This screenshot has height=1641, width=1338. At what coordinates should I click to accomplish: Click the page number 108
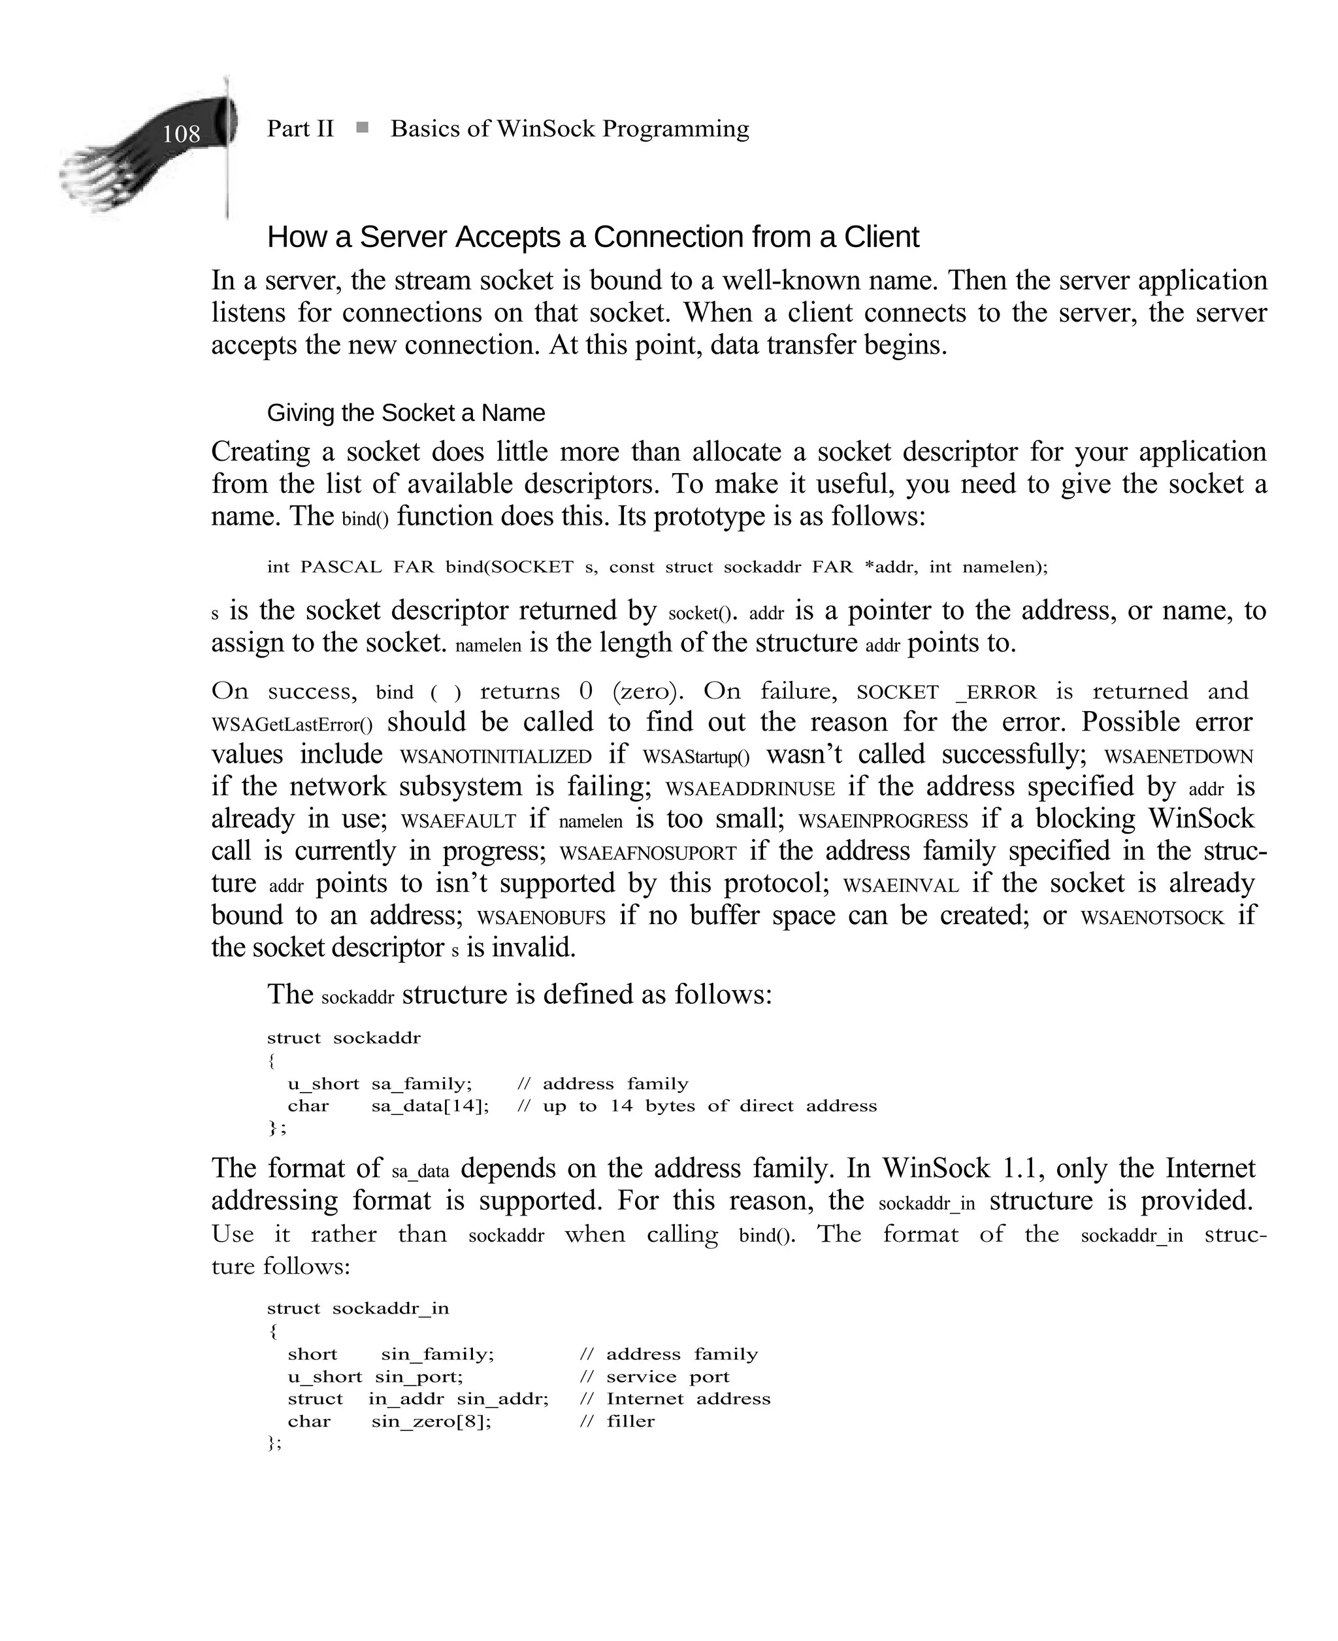tap(180, 134)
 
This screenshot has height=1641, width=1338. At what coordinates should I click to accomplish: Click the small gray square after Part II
tap(361, 127)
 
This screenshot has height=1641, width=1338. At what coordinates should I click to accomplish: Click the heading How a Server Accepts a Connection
tap(592, 237)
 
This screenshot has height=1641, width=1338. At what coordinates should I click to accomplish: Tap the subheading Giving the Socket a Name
tap(406, 413)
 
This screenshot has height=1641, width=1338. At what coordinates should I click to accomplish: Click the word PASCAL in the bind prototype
tap(340, 567)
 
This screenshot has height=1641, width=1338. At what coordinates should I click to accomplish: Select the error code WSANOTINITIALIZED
tap(496, 756)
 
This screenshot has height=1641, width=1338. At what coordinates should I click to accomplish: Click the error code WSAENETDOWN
tap(1179, 756)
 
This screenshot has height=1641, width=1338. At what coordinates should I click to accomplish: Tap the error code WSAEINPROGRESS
tap(883, 821)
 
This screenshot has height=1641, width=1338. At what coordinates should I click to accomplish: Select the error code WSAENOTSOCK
tap(1152, 918)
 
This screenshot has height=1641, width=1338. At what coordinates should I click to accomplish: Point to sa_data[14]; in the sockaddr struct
tap(430, 1106)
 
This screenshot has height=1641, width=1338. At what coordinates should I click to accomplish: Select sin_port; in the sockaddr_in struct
tap(419, 1376)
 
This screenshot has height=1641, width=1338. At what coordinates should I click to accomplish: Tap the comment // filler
tap(617, 1421)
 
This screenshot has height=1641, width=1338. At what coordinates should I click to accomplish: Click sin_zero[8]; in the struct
tap(431, 1421)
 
